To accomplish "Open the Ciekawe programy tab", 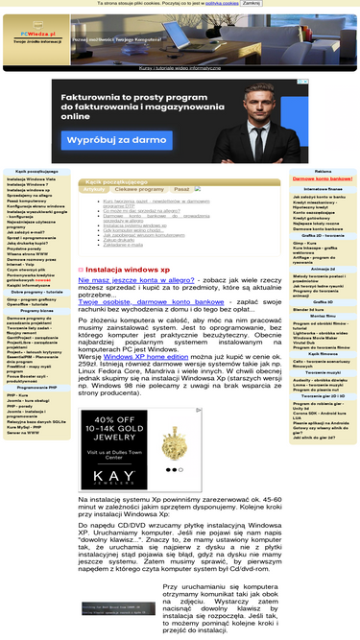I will (139, 190).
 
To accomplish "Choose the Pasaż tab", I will (181, 190).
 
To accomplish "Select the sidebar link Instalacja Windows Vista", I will (30, 179).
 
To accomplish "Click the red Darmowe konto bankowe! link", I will (323, 180).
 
